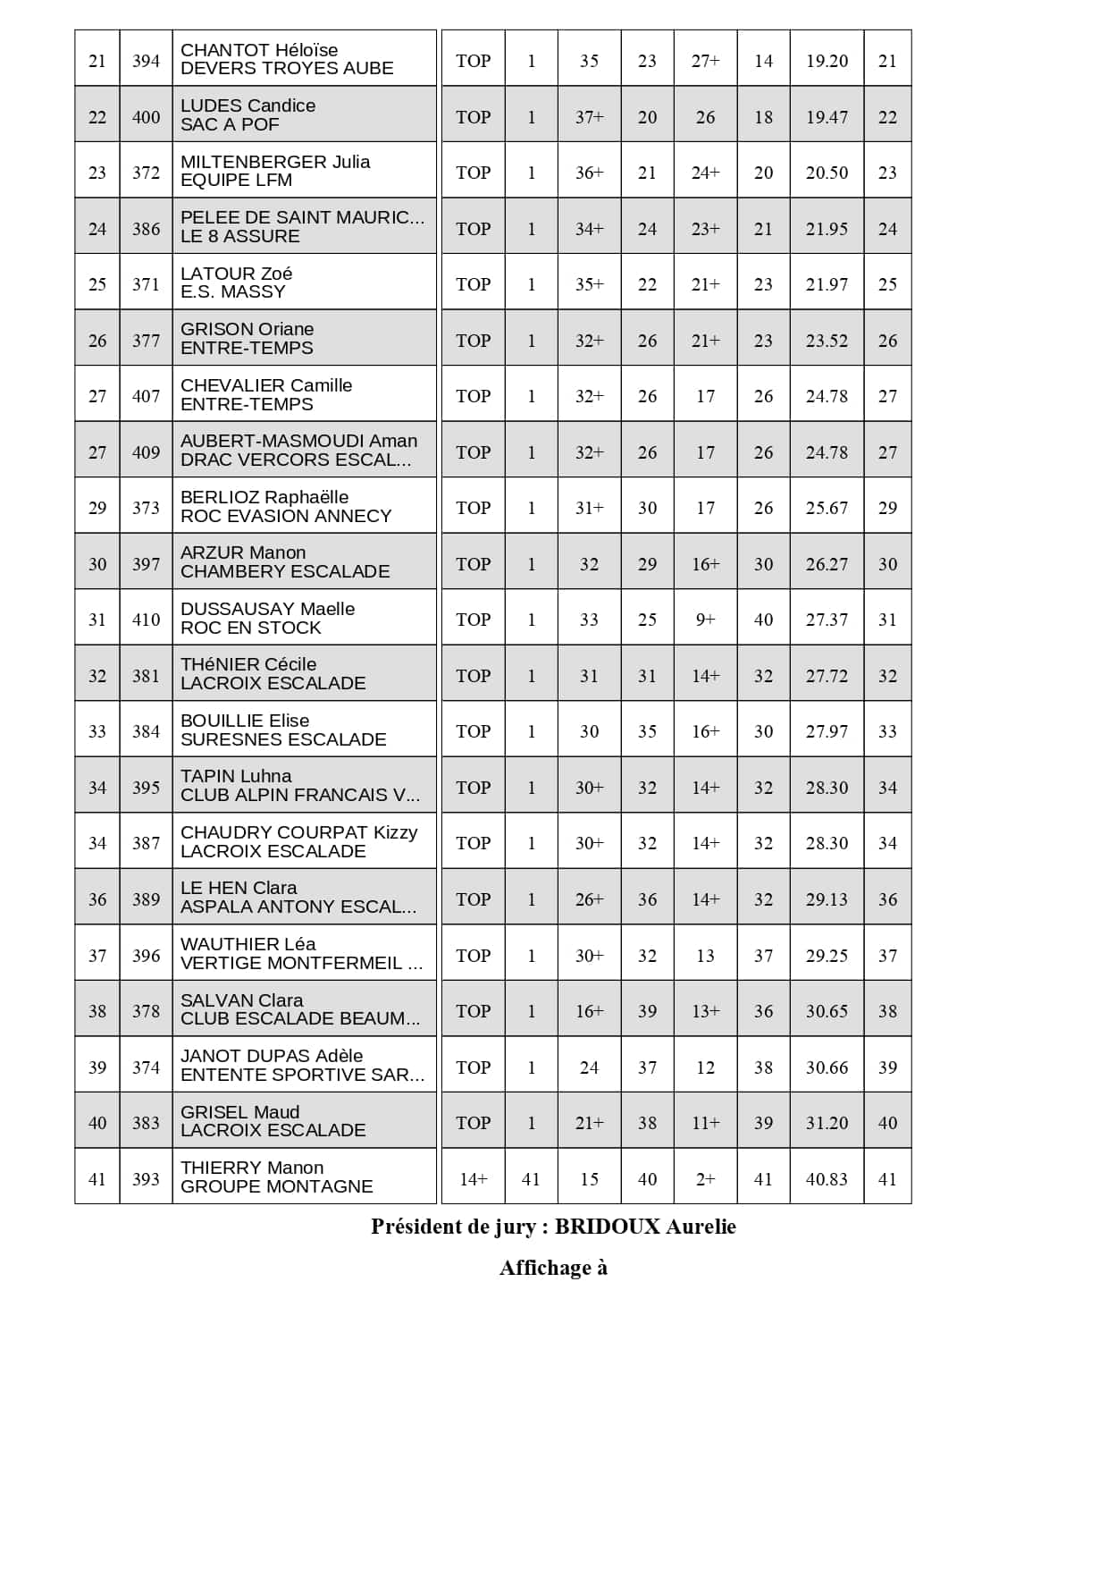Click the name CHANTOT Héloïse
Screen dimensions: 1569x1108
pos(259,50)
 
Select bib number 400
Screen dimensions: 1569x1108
pos(146,117)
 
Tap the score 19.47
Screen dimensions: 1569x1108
pos(827,117)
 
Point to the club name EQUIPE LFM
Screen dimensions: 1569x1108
pos(236,181)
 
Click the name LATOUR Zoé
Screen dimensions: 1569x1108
pos(236,274)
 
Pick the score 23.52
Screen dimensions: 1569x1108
pos(827,341)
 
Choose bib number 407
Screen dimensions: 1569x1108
pos(146,396)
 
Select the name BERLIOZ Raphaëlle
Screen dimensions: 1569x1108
pos(264,497)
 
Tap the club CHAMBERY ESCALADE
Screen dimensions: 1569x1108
pos(285,571)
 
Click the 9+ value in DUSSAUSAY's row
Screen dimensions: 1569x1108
pos(705,620)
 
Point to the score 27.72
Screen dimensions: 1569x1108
pos(827,676)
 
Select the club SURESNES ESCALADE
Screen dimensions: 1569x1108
pos(283,739)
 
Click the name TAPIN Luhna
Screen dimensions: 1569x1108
pos(236,776)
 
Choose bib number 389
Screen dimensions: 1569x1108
pos(146,899)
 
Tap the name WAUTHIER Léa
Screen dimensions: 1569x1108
pos(248,944)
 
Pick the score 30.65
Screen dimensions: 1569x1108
pos(827,1011)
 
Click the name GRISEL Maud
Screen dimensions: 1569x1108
pos(239,1112)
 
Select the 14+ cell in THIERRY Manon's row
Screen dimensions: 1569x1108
pos(473,1179)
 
